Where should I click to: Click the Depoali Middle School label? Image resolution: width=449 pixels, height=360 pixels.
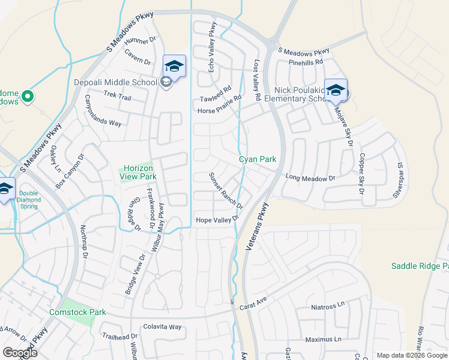click(115, 83)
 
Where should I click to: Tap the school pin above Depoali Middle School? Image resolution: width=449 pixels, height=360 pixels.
click(174, 65)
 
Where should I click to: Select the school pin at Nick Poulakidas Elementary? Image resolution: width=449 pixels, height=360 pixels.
click(336, 91)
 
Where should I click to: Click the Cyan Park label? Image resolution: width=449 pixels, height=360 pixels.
click(258, 160)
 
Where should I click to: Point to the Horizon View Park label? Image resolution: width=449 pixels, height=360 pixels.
click(140, 172)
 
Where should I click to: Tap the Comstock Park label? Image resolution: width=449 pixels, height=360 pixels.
click(78, 312)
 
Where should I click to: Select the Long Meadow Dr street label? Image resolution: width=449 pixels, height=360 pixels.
click(310, 178)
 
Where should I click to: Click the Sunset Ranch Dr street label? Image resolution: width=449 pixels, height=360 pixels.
click(225, 191)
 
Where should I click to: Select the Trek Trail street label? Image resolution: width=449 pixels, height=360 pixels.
click(117, 95)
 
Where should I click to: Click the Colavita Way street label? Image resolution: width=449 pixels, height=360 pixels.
click(162, 327)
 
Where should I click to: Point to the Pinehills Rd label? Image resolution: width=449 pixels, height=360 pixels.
click(306, 62)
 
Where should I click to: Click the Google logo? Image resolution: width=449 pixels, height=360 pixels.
click(20, 353)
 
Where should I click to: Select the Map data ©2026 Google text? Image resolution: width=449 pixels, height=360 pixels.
click(412, 355)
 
